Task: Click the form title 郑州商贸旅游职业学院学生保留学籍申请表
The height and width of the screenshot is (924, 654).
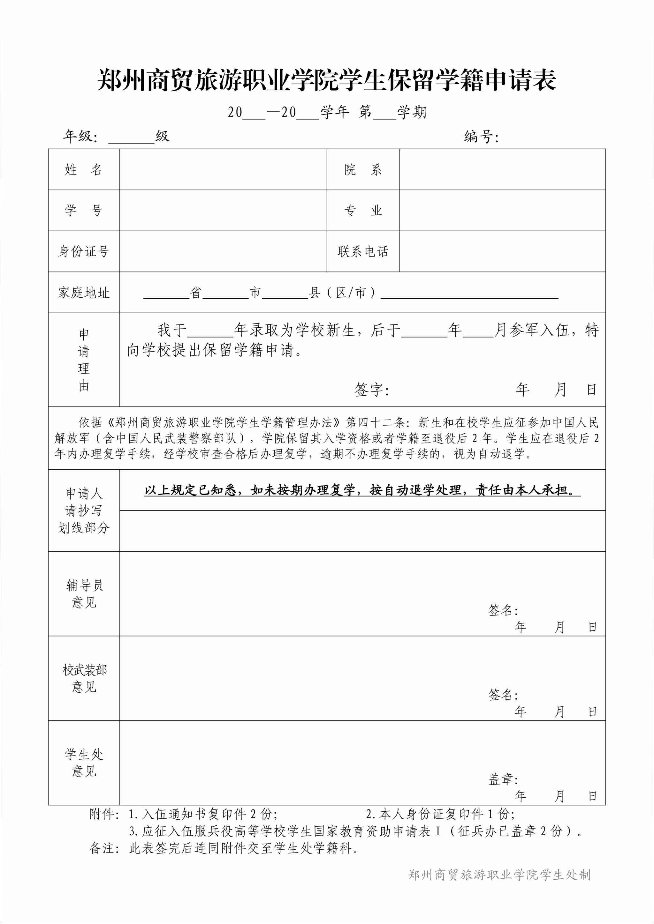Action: click(327, 80)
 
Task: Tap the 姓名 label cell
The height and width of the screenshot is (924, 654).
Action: click(84, 170)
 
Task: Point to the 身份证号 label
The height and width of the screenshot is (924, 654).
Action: click(84, 251)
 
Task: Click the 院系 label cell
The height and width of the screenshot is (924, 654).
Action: click(363, 170)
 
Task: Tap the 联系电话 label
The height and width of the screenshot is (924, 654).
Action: click(363, 251)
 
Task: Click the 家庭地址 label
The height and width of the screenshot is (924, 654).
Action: click(84, 293)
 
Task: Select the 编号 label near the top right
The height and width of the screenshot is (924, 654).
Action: click(481, 137)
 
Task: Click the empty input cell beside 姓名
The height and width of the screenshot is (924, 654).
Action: click(223, 170)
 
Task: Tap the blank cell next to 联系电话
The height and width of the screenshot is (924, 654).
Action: click(502, 251)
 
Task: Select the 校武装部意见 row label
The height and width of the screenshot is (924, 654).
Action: click(84, 678)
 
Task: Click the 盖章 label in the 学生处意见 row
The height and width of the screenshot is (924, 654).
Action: click(503, 779)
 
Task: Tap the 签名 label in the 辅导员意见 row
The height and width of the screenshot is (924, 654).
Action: click(503, 610)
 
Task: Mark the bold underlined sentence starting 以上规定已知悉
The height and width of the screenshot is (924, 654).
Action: click(362, 490)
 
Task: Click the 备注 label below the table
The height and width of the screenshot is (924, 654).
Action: click(104, 848)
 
